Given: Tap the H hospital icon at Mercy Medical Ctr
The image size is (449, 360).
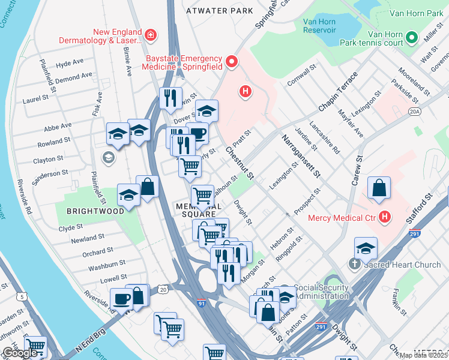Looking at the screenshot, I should (x=385, y=218).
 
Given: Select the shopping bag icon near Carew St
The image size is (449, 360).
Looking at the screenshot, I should (x=379, y=189).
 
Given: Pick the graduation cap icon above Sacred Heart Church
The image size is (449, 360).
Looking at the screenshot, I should (x=366, y=248).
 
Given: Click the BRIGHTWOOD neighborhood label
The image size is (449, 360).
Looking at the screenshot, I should (x=96, y=211).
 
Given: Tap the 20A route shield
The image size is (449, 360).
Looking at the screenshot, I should (x=414, y=112).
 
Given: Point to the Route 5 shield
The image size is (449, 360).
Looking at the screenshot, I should (x=22, y=296).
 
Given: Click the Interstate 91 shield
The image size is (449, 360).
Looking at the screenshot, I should (x=200, y=304).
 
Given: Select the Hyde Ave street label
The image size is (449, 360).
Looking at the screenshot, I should (x=70, y=63).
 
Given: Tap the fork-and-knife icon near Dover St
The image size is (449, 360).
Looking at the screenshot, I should (x=171, y=97).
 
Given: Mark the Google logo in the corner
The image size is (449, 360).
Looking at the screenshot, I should (x=20, y=353).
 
